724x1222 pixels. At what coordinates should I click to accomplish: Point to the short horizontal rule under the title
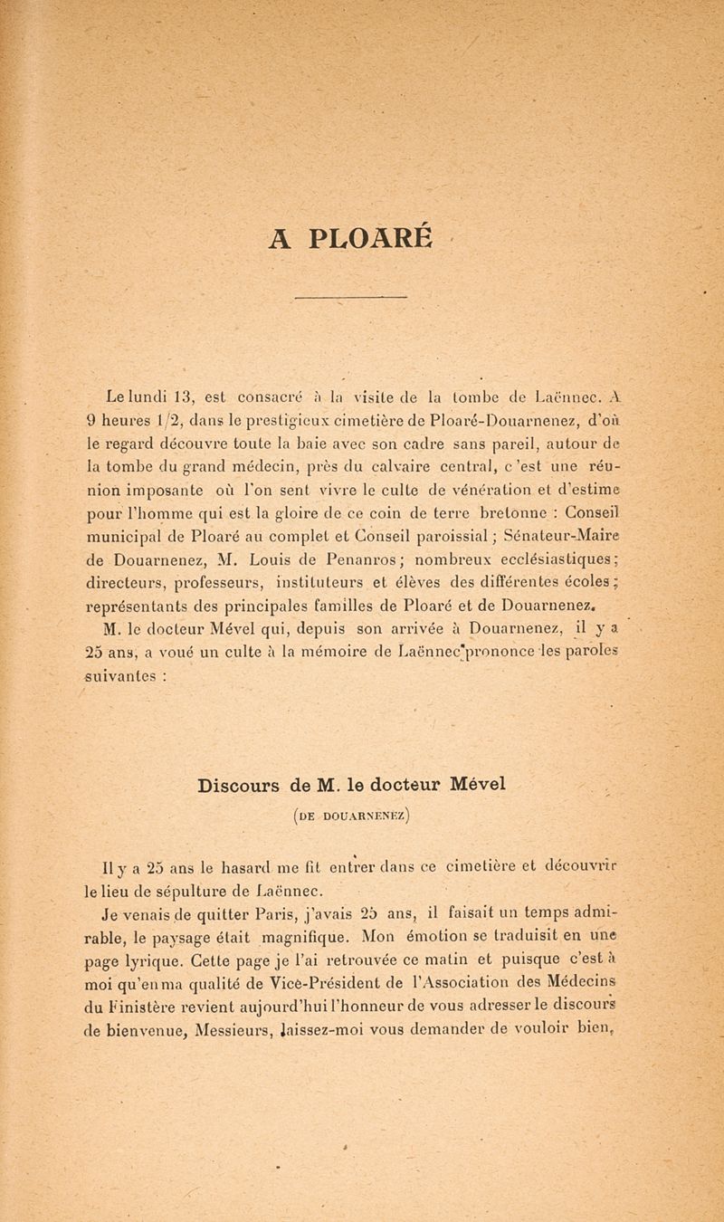[362, 296]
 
